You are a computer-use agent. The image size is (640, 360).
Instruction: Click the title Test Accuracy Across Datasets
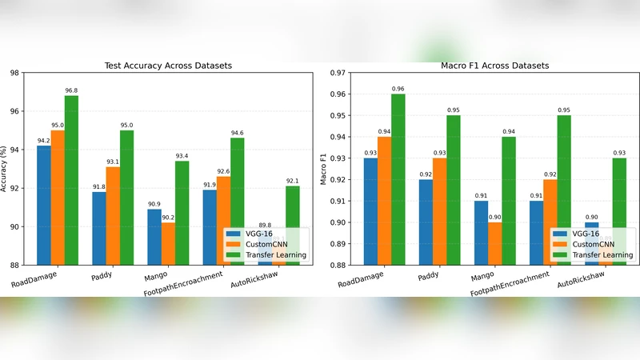coord(169,66)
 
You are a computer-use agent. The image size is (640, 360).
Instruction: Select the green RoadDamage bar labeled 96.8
coord(71,180)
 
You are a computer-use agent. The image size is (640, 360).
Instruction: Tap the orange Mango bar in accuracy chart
coord(167,243)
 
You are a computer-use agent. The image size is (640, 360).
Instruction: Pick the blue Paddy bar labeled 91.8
coord(99,228)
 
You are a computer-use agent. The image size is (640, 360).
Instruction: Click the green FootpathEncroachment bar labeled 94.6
coord(237,201)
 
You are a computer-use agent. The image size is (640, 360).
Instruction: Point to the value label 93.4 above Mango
coord(182,156)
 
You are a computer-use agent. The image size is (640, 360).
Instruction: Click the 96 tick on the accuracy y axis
coord(14,111)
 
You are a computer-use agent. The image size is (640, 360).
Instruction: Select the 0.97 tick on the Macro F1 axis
coord(337,73)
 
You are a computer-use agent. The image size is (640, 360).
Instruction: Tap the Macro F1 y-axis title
coord(325,169)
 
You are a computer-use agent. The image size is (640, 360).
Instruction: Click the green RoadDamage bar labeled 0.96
coord(398,179)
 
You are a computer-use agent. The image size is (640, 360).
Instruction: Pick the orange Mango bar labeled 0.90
coord(494,243)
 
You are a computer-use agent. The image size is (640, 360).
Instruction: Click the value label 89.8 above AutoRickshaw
coord(265,226)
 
